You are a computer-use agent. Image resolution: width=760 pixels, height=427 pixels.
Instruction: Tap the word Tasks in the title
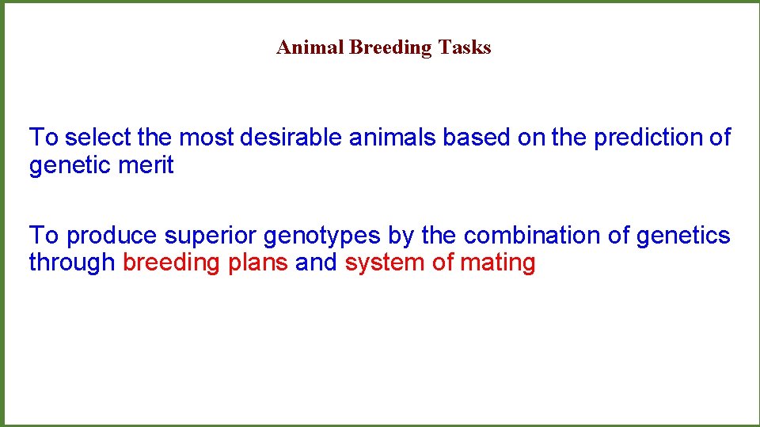click(465, 47)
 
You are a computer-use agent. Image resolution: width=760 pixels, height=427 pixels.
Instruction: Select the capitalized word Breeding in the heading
click(390, 48)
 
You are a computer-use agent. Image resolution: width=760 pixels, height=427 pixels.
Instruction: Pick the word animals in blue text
click(393, 138)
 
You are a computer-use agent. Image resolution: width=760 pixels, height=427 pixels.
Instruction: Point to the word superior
click(210, 236)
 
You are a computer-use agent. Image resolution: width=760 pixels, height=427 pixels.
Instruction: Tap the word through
click(72, 263)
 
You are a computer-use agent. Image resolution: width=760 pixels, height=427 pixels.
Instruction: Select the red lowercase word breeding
click(172, 263)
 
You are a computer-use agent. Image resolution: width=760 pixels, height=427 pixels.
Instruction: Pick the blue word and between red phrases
click(316, 263)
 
